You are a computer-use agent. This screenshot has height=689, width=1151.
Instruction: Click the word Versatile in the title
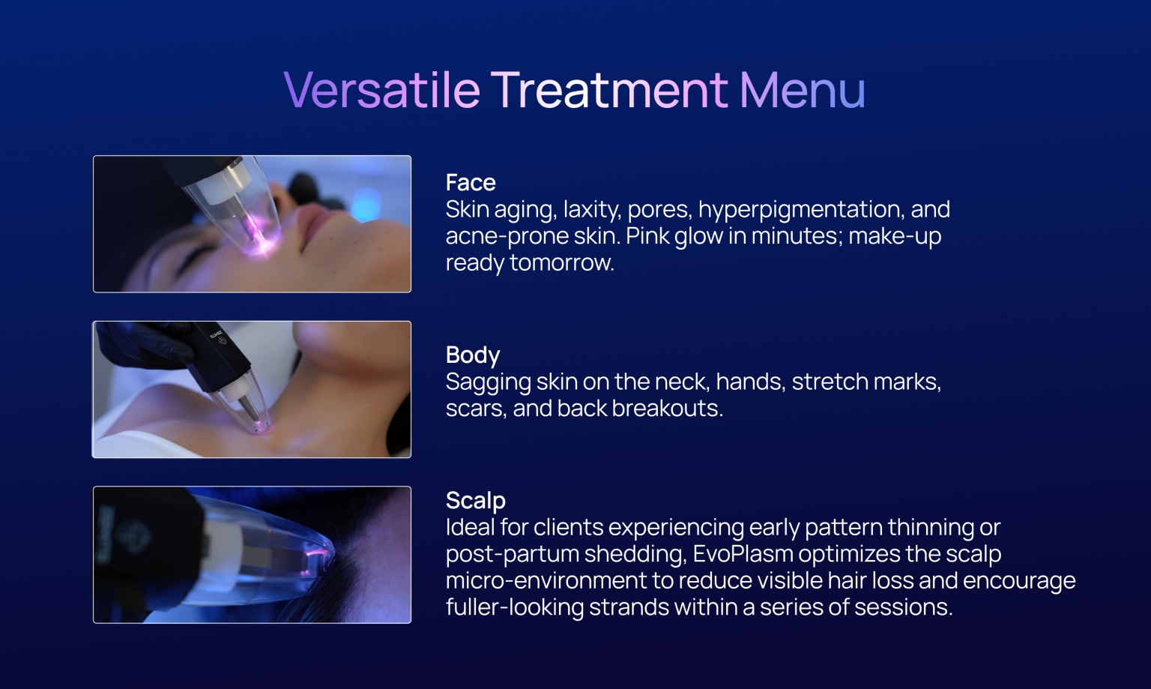[381, 90]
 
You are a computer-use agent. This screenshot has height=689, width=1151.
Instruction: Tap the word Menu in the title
[802, 90]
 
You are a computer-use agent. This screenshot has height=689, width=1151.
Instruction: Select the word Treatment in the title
[609, 90]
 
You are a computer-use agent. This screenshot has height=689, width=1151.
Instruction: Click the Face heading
[470, 182]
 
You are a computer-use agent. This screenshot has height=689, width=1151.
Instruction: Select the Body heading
[472, 355]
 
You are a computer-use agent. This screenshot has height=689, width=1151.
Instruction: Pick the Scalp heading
[475, 500]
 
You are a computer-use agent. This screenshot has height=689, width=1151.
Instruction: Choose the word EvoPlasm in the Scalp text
[742, 554]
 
